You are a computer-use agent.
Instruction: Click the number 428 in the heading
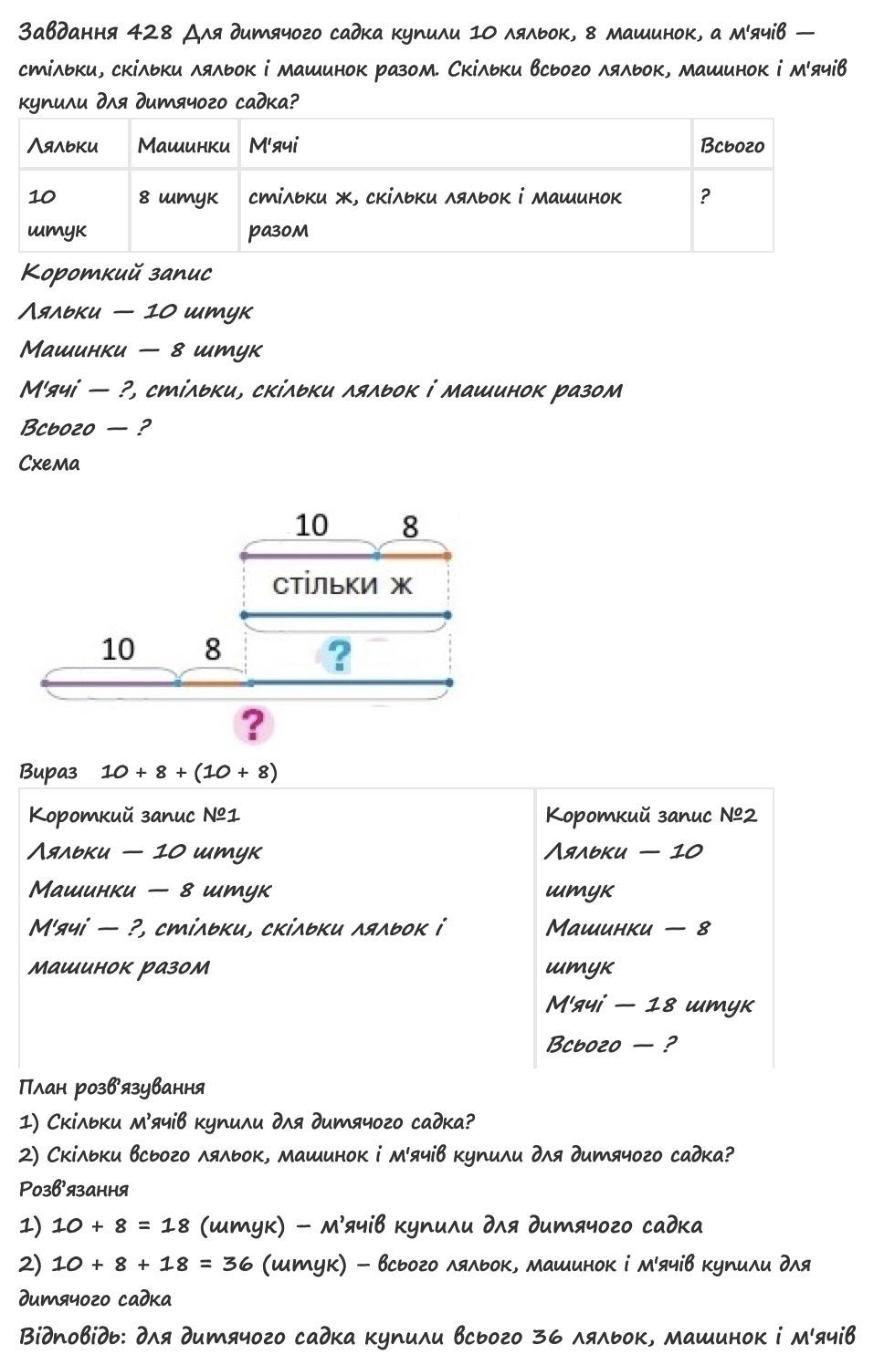click(150, 33)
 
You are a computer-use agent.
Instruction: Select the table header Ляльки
click(63, 145)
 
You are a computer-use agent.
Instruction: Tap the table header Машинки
click(184, 145)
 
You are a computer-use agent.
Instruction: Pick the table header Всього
click(731, 145)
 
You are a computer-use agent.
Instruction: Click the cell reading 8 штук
click(178, 196)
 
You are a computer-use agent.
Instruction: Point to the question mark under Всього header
click(704, 196)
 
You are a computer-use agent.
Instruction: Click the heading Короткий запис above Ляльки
click(116, 272)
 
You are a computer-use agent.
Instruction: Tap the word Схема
click(49, 463)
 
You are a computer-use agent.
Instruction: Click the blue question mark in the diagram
click(339, 655)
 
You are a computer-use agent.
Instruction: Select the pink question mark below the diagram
click(253, 724)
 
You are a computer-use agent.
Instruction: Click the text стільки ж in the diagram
click(342, 584)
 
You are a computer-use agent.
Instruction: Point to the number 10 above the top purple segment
click(310, 525)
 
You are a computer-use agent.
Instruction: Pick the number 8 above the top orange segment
click(410, 526)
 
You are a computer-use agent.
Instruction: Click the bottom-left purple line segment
click(110, 682)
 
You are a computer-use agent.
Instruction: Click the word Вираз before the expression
click(48, 772)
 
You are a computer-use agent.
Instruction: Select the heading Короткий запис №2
click(651, 815)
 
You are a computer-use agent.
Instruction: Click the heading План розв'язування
click(111, 1087)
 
